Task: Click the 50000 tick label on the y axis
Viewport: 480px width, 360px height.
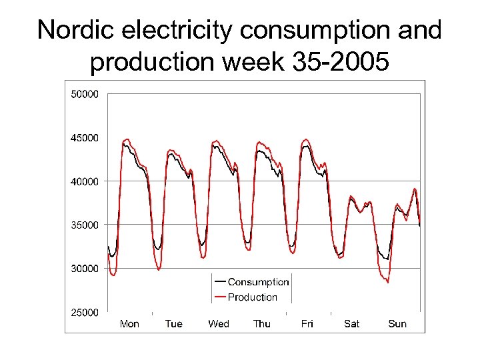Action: click(85, 94)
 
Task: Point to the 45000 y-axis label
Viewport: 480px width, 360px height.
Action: click(85, 138)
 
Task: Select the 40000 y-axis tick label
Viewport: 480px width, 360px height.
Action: click(85, 181)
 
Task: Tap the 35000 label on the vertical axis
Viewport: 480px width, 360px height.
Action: click(85, 225)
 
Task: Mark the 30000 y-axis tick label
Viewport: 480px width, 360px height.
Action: click(85, 269)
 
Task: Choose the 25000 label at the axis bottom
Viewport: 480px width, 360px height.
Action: click(85, 312)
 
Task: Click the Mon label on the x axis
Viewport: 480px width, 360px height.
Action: click(129, 324)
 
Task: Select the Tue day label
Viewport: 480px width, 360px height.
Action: click(173, 324)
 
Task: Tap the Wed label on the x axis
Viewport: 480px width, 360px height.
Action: click(219, 324)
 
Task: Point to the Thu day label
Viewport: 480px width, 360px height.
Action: click(262, 324)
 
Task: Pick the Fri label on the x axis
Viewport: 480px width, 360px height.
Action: click(307, 324)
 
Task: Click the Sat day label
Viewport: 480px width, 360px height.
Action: click(352, 324)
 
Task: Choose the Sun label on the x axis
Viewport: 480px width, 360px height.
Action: click(397, 324)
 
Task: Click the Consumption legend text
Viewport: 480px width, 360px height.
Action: click(258, 283)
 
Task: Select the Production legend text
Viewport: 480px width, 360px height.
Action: click(253, 297)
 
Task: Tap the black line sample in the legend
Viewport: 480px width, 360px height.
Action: click(220, 283)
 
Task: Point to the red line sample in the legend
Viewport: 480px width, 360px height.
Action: click(220, 297)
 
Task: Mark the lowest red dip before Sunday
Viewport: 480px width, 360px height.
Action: click(387, 282)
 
